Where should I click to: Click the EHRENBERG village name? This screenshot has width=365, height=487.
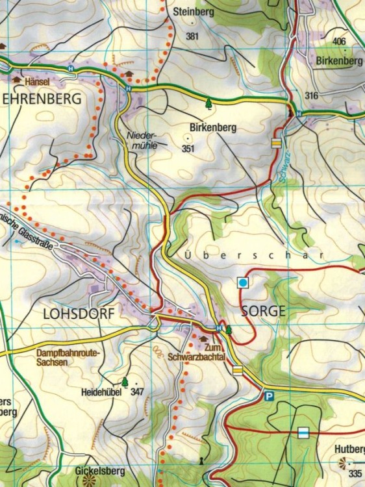point(42,99)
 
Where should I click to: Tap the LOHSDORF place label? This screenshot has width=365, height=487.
point(78,313)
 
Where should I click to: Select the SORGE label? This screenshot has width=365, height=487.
point(263,310)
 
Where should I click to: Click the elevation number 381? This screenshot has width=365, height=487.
point(192,36)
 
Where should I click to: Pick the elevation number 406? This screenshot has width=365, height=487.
point(339,42)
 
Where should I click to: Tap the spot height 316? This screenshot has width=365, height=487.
point(311,96)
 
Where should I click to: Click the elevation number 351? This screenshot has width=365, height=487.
point(188,149)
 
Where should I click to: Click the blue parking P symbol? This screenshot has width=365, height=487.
point(269,395)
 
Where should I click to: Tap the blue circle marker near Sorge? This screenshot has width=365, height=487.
point(243,282)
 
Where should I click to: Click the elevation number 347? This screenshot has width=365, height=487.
point(137,392)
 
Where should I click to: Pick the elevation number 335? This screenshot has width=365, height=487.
point(355,473)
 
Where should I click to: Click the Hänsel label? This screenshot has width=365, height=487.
point(37,82)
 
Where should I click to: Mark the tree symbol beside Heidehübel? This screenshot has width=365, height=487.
point(124,382)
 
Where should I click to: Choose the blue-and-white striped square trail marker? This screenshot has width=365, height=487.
point(303,432)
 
